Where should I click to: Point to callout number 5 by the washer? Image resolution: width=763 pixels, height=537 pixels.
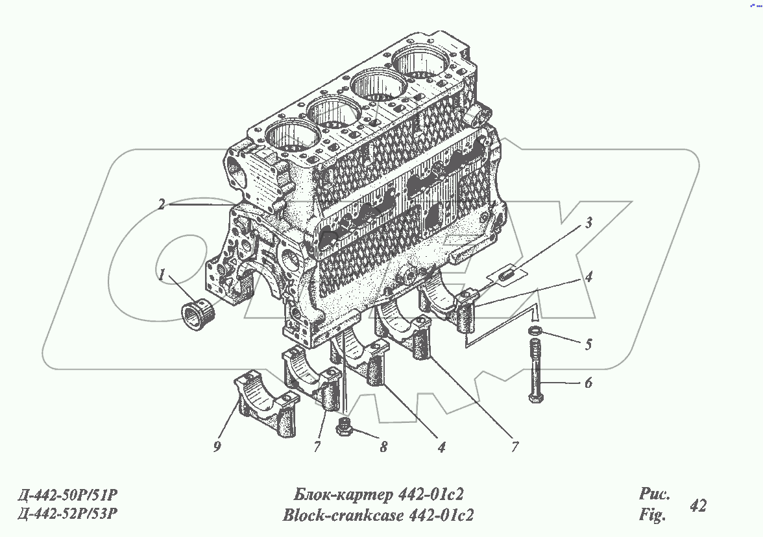588,344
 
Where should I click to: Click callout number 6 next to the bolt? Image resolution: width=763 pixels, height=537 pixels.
588,383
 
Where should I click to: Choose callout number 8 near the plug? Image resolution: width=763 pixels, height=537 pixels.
383,447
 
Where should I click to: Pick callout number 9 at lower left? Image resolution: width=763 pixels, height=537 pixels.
217,446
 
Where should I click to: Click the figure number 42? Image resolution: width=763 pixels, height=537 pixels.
698,506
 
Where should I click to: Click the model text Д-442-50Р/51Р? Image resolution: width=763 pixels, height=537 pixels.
67,496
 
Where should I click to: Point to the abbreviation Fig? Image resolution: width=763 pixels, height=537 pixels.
652,516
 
